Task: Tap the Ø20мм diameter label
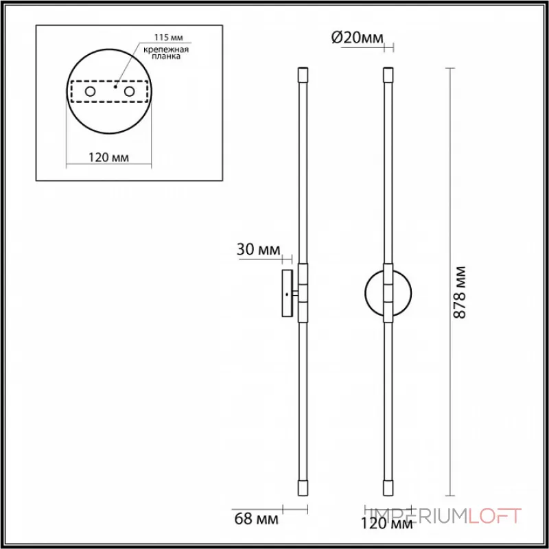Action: coord(357,39)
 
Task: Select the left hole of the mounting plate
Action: coord(90,91)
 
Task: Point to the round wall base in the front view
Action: coord(374,292)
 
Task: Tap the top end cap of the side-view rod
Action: coord(302,73)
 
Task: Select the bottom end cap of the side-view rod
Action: coord(302,489)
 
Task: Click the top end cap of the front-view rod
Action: coord(388,73)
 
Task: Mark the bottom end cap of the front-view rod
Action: coord(388,489)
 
